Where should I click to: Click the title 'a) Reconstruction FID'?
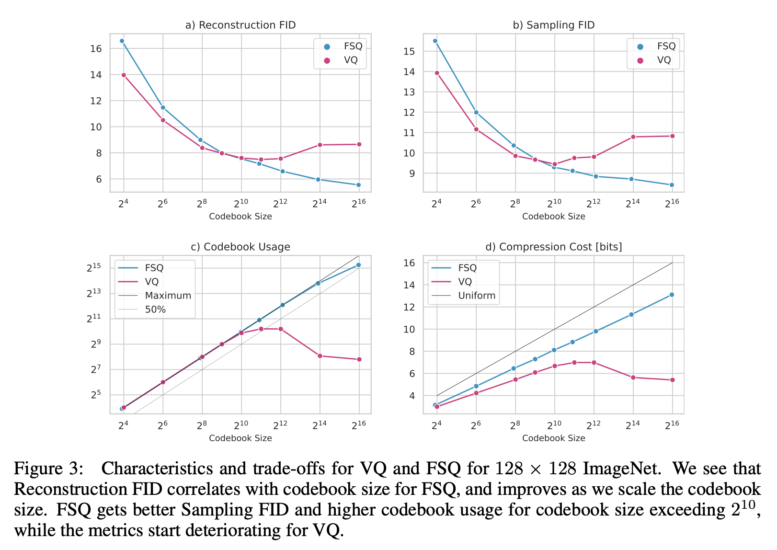pos(240,25)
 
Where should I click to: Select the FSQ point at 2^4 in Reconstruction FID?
pos(122,41)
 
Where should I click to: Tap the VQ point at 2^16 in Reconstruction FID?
pos(359,144)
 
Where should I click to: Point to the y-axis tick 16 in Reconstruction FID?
pos(96,48)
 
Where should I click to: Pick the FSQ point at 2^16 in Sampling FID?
pos(672,185)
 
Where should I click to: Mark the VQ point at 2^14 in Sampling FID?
pos(633,137)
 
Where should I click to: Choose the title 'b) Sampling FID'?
pos(553,25)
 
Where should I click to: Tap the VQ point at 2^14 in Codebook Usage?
pos(320,355)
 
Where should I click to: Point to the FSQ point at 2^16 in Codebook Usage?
pos(358,265)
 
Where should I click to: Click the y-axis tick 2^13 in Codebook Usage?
pos(93,293)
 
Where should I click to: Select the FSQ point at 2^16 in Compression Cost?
pos(672,295)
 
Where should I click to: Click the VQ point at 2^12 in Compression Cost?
pos(594,363)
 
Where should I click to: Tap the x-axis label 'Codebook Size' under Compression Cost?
pos(553,438)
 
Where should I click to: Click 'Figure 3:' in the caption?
pos(49,468)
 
